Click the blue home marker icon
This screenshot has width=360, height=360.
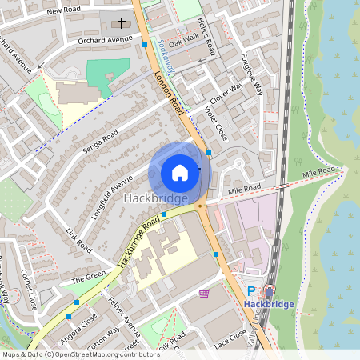[180, 173]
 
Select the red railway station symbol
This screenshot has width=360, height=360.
[269, 292]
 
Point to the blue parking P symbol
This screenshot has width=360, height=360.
[251, 293]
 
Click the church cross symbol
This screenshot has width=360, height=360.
[122, 22]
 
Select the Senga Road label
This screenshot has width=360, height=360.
[100, 141]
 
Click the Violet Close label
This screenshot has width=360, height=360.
[216, 123]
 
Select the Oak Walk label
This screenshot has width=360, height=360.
[184, 37]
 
